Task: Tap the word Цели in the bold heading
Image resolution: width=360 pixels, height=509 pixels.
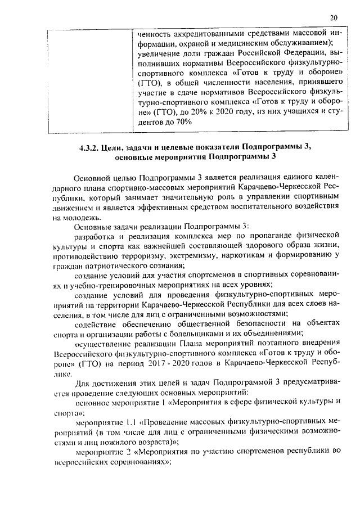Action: (116, 147)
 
